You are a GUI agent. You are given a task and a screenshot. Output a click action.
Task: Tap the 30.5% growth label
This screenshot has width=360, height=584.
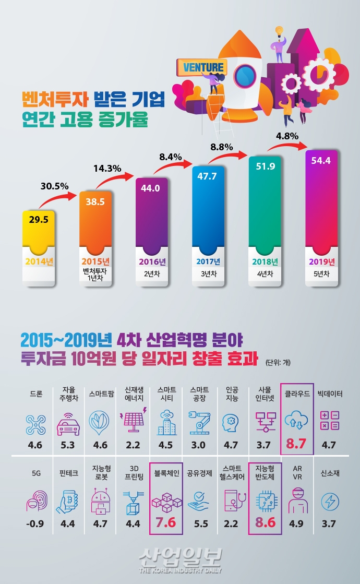tap(53, 185)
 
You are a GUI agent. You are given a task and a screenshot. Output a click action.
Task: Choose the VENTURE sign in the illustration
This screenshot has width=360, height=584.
tap(203, 67)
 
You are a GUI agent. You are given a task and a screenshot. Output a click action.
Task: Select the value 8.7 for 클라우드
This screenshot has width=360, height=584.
tap(296, 445)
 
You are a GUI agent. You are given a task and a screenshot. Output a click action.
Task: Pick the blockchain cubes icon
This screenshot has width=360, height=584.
tap(165, 502)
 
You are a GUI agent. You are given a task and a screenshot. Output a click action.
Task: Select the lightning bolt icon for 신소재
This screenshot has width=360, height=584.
tap(329, 501)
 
